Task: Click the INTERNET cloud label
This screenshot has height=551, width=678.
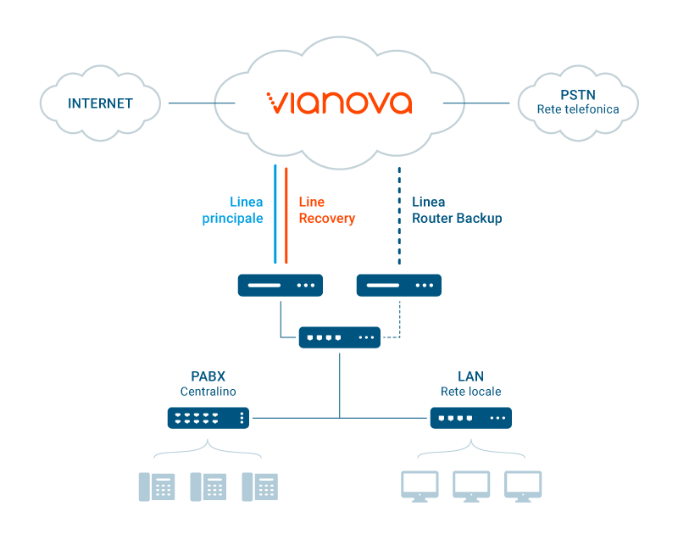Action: point(100,103)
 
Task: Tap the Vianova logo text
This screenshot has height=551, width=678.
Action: point(339,103)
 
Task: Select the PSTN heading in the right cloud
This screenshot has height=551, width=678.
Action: point(578,95)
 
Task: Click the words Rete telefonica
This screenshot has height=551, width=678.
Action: point(578,109)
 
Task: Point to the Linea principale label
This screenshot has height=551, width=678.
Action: point(232,209)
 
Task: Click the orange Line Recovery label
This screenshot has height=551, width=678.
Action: point(327,209)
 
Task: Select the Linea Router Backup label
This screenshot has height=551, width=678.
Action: point(457,209)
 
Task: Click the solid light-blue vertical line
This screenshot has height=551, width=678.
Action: point(275,214)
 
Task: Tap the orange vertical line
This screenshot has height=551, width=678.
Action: point(286,215)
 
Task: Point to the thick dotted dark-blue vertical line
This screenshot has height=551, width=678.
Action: point(399,215)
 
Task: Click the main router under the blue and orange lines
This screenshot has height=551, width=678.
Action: point(281,285)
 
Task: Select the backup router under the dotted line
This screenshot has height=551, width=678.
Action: point(398,285)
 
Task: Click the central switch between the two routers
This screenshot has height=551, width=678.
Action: point(340,337)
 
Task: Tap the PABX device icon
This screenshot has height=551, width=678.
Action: point(208,418)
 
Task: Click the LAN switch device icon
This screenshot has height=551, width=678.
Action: point(471,418)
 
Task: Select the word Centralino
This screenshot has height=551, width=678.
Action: point(208,392)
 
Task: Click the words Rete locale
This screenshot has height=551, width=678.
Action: point(471,392)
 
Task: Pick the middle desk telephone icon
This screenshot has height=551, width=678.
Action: point(208,487)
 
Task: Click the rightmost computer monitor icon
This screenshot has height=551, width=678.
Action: point(523,487)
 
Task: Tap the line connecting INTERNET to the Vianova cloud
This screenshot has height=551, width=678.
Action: point(202,103)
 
